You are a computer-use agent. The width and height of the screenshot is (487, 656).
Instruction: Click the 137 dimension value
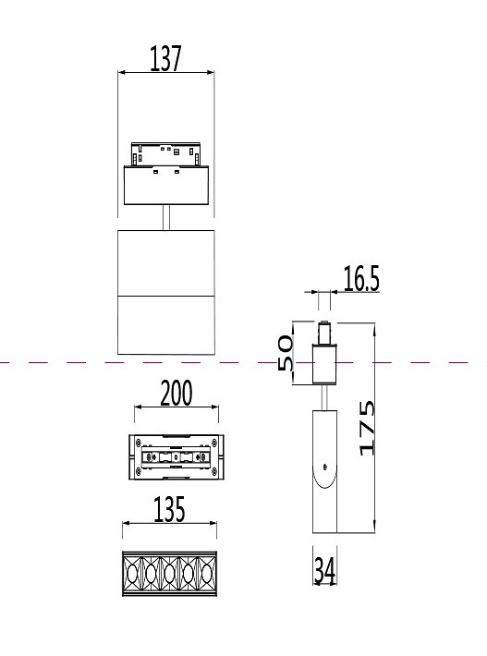pos(166,59)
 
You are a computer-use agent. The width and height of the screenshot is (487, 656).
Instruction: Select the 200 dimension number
pos(176,394)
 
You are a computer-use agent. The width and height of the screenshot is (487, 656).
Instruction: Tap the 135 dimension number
pos(168,510)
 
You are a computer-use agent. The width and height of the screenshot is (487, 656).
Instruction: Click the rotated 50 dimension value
pos(286,354)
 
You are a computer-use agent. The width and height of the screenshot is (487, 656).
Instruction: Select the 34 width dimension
pos(324,571)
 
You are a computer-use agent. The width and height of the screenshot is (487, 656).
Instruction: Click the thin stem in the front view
pos(166,218)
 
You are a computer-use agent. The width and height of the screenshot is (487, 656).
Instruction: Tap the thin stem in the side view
pos(324,395)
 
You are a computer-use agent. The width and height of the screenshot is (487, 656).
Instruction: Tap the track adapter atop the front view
pos(166,156)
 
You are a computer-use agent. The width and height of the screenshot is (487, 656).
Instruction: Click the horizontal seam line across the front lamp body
pos(166,295)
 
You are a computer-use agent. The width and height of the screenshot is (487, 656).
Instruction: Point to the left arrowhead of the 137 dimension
pos(122,72)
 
